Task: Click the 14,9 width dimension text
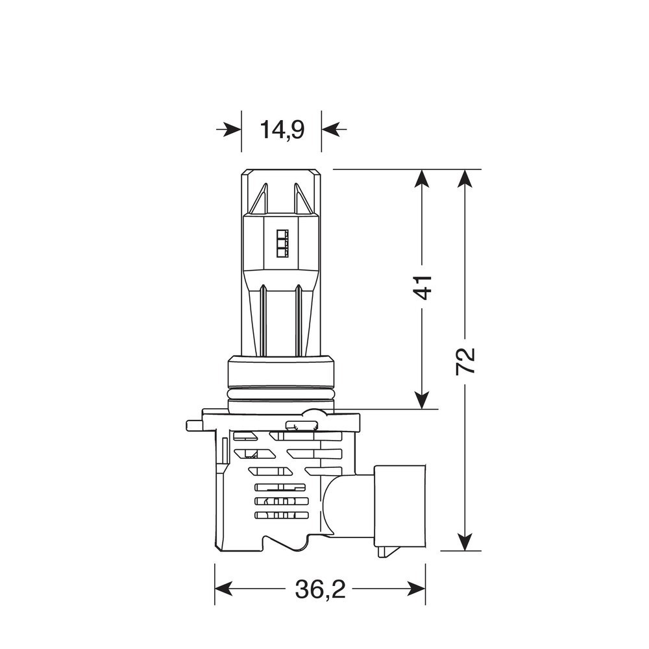tap(282, 129)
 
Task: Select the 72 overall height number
tap(465, 361)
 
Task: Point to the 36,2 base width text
tap(320, 589)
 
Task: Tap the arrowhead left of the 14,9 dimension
tap(232, 130)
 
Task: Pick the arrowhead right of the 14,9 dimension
tap(331, 130)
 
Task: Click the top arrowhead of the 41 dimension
tap(421, 179)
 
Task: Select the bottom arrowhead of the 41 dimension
tap(421, 400)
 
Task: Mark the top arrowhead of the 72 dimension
tap(465, 179)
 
